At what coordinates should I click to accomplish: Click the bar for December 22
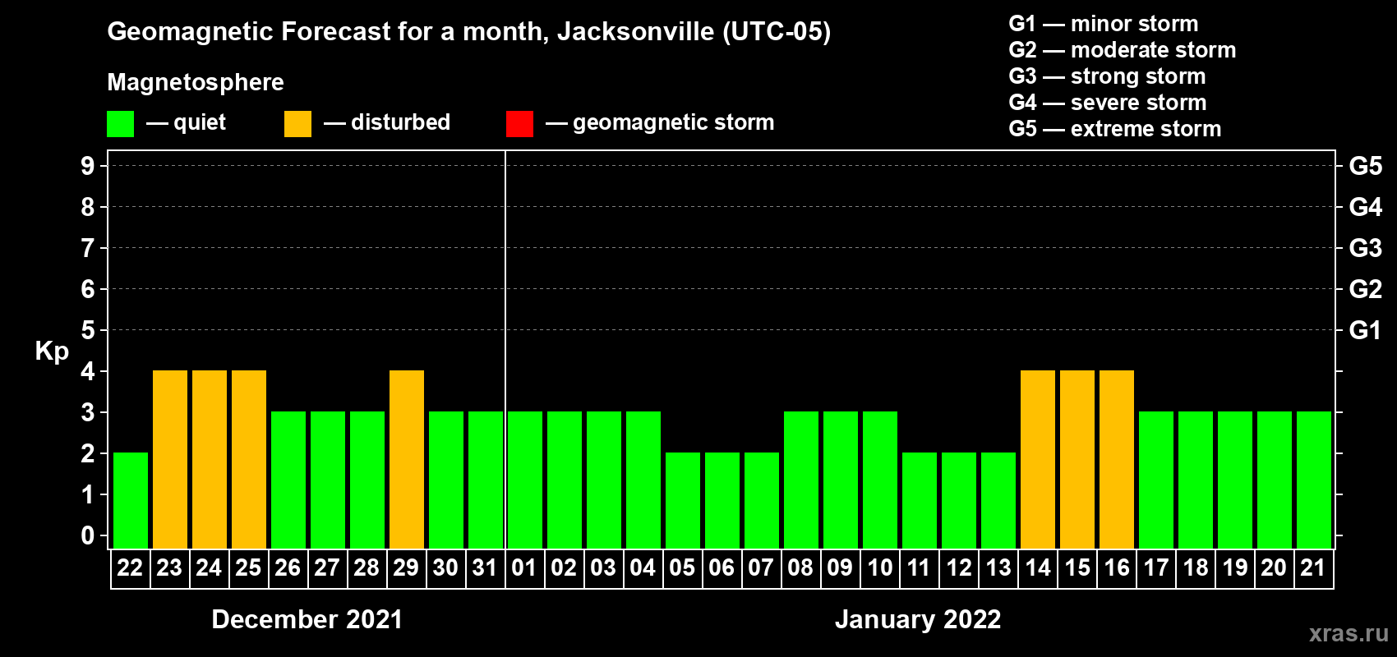pos(131,500)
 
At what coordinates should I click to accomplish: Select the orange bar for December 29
pos(407,459)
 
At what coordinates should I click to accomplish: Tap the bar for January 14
pos(1038,459)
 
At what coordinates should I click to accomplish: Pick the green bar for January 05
pos(683,500)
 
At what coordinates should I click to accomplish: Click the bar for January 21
pos(1314,480)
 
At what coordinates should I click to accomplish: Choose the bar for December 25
pos(249,459)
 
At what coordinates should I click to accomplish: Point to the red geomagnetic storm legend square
pos(519,124)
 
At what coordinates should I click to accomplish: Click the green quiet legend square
pos(121,124)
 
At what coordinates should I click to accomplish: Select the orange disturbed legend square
pos(297,124)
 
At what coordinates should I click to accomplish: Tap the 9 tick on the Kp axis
pos(88,166)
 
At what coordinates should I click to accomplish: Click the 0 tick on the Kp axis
pos(88,536)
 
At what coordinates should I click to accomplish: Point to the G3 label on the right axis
pos(1365,248)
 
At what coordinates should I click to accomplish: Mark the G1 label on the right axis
pos(1365,330)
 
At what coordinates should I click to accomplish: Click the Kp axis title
pos(52,351)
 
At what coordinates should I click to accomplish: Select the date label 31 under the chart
pos(485,567)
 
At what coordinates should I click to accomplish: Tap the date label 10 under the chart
pos(879,567)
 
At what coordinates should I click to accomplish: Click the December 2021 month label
pos(307,619)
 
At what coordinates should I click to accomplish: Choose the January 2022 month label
pos(918,619)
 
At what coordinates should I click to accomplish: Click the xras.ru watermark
pos(1349,633)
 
